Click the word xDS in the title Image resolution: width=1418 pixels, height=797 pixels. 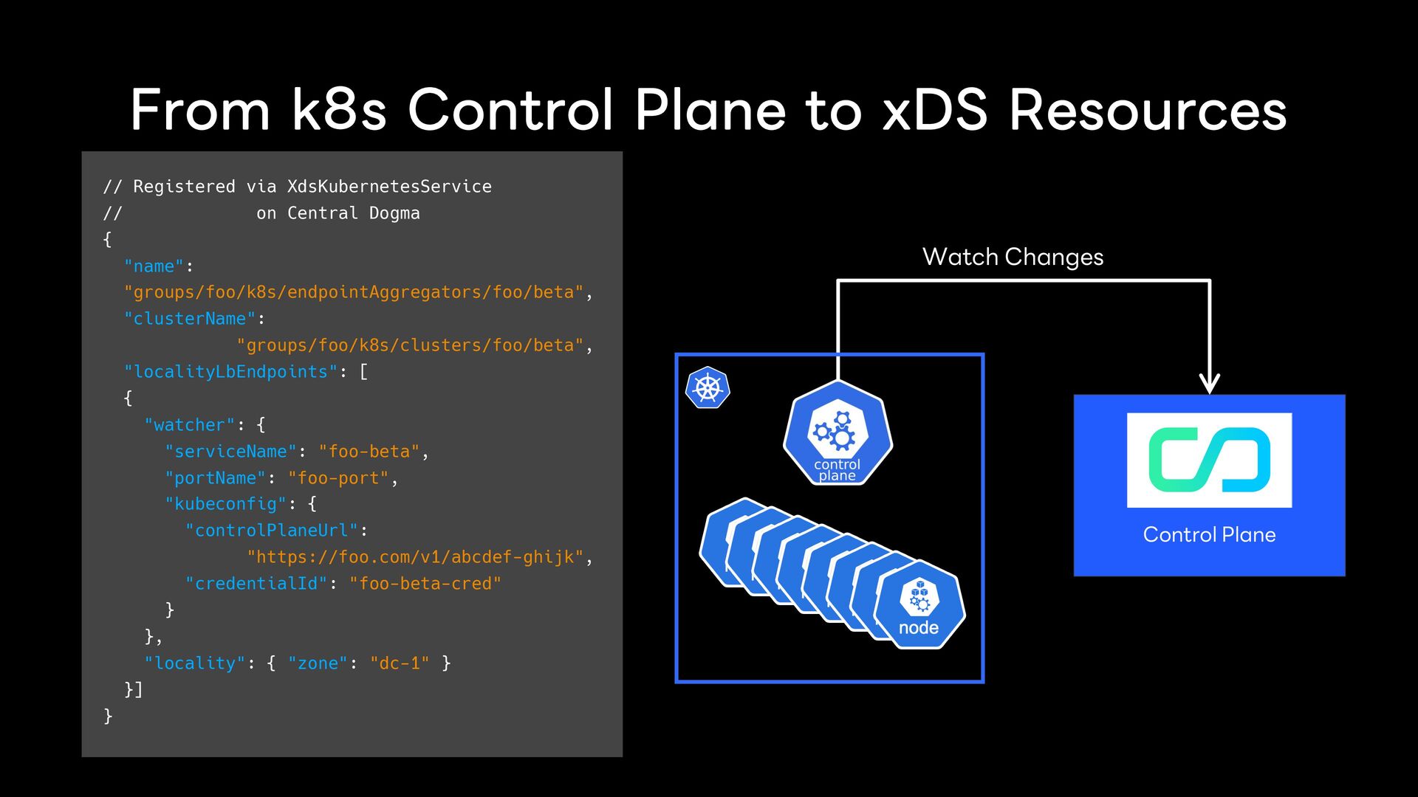935,111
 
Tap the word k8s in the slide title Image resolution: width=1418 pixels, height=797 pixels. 339,111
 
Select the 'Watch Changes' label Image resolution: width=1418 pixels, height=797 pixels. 1013,257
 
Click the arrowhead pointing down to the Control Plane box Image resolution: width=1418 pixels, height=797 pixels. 1209,383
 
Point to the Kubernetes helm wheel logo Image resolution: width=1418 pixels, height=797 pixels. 708,388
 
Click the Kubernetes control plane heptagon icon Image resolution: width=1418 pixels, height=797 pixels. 838,433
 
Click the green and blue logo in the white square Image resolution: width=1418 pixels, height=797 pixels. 1209,460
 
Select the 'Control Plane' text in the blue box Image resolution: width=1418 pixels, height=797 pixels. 1209,534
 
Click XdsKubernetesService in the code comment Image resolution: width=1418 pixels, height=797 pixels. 389,187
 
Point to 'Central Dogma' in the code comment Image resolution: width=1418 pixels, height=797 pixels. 353,213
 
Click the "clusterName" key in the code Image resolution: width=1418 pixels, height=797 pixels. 190,319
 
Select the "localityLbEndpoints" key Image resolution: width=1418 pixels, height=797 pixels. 230,372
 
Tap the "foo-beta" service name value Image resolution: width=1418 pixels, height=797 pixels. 369,452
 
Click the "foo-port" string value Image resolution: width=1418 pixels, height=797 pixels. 338,478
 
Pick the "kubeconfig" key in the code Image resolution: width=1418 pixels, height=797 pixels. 225,504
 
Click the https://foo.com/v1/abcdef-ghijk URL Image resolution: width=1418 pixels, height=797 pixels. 416,557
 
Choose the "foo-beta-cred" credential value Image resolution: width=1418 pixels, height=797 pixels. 425,584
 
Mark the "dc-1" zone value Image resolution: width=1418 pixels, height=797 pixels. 400,663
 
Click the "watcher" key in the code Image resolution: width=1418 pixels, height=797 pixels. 190,425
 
